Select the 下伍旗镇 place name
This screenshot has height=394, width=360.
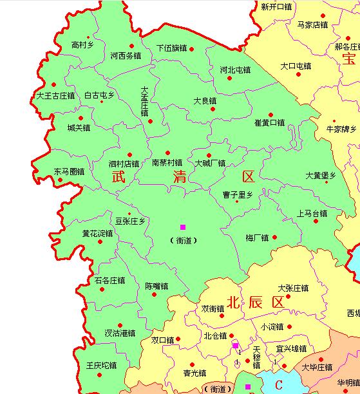[x=171, y=48]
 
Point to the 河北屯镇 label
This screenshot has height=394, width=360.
[x=235, y=70]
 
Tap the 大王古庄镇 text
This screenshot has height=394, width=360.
[x=55, y=96]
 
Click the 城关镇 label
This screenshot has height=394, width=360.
[x=79, y=128]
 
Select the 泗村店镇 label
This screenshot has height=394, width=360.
[x=124, y=164]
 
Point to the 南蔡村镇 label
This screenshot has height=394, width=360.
[x=167, y=164]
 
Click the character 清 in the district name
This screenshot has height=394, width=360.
[x=180, y=178]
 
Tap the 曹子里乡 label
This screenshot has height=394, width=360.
[x=238, y=194]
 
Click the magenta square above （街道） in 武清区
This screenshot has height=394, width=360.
[x=183, y=227]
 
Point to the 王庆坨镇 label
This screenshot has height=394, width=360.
[x=101, y=366]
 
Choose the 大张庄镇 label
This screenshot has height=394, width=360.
[x=293, y=288]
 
